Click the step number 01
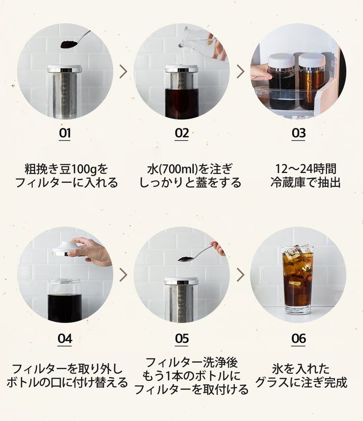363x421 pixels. tap(65, 133)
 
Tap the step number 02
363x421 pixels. tap(181, 133)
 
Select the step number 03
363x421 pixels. tap(299, 133)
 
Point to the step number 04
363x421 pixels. tap(65, 338)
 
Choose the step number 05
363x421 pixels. tap(181, 338)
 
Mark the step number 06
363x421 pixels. tap(299, 338)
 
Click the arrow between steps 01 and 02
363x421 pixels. tap(123, 71)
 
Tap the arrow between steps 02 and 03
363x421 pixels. tap(241, 71)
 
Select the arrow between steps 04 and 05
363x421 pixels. tap(123, 275)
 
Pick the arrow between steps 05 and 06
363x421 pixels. tap(241, 275)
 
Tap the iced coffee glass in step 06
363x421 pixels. tap(298, 280)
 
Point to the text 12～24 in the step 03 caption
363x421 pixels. tap(293, 169)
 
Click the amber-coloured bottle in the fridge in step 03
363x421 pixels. tap(312, 81)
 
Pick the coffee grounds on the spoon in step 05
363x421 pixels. tap(186, 259)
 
